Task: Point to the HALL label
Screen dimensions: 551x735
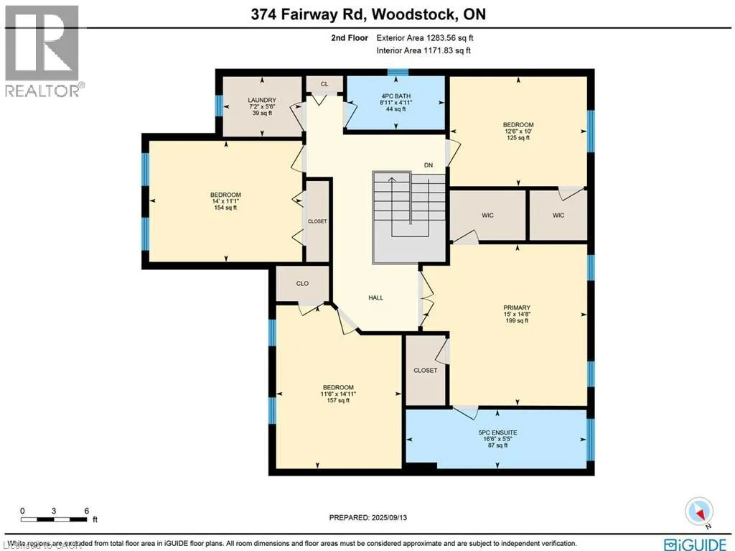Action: [375, 297]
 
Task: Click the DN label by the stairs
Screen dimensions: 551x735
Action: [429, 165]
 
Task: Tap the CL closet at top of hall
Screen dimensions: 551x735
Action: [324, 84]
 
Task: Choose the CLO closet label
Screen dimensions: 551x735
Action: [302, 283]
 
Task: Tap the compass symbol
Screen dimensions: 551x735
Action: [700, 511]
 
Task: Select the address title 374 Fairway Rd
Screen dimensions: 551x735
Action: [367, 14]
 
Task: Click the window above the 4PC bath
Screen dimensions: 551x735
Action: [397, 72]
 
